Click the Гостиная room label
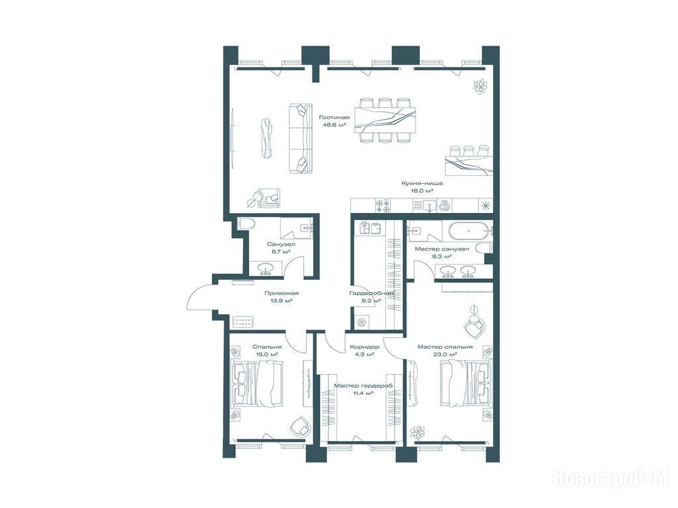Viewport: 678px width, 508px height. [x=334, y=117]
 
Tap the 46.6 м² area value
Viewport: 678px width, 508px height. [x=334, y=125]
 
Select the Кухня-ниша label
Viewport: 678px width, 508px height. [x=422, y=183]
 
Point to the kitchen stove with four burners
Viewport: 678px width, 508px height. [x=383, y=205]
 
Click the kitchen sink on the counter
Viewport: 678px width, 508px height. [x=429, y=205]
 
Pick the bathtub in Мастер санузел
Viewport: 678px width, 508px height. [x=469, y=231]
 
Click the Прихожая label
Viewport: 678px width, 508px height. [x=281, y=293]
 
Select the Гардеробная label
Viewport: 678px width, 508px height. [x=371, y=293]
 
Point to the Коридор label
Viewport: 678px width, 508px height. [x=365, y=347]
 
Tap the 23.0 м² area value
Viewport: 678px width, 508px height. [x=445, y=355]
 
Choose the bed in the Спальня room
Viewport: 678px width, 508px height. [x=258, y=384]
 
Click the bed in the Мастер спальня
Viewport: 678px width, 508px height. [x=466, y=384]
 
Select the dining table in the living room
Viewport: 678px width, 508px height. [x=385, y=120]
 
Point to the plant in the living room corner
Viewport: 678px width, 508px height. [x=480, y=87]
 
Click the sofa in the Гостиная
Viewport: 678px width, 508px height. [x=300, y=139]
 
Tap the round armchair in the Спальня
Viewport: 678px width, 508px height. [x=300, y=426]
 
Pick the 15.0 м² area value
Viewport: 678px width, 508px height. [x=266, y=355]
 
